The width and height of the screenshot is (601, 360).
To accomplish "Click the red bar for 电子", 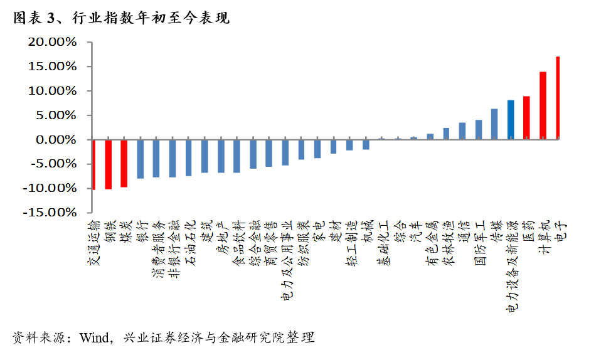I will [x=558, y=98].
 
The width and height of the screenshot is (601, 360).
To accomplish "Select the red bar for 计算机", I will [x=543, y=105].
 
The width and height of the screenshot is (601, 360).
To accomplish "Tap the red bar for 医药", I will [x=526, y=117].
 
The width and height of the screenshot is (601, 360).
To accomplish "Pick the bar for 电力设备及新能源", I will [x=511, y=119].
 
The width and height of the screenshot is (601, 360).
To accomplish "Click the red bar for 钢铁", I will [x=109, y=164].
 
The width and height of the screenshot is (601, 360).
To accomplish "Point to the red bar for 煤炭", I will [x=124, y=163].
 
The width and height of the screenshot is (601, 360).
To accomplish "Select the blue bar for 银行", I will [x=141, y=159].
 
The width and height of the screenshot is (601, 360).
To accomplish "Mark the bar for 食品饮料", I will [x=237, y=156].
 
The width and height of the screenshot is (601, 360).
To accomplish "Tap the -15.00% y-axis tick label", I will [x=50, y=213].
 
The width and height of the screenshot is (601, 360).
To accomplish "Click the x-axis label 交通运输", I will [x=93, y=245].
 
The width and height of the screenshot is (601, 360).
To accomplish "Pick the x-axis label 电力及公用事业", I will [x=285, y=261].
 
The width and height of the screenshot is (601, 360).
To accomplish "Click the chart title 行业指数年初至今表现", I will [x=151, y=19].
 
